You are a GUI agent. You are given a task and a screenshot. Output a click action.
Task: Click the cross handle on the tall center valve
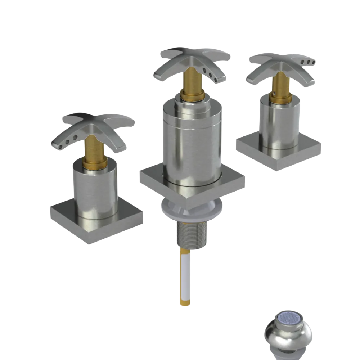191,59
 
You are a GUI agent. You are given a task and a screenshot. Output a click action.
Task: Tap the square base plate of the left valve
68,220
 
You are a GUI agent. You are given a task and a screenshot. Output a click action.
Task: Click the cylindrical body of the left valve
95,191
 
